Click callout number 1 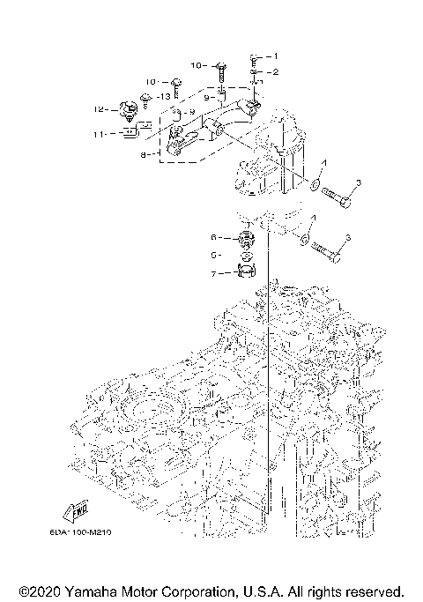(x=273, y=56)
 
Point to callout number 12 (x=101, y=109)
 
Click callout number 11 (x=101, y=134)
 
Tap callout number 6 (x=212, y=238)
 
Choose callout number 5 (x=212, y=255)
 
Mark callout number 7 (x=212, y=275)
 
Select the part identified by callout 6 (x=246, y=239)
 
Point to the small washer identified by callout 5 (x=246, y=256)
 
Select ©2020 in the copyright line (x=39, y=590)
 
